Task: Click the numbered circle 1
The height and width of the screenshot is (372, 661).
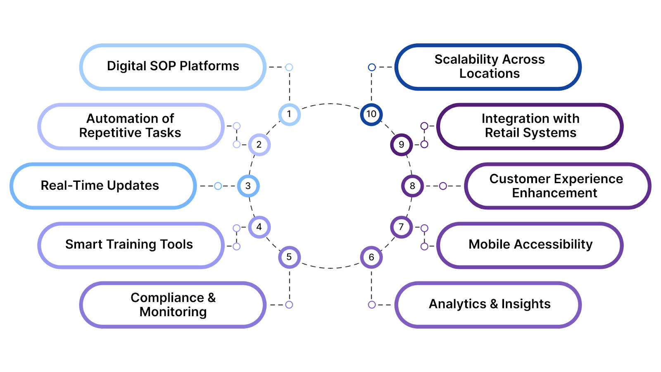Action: coord(289,114)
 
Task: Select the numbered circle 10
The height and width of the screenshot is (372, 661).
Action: coord(371,114)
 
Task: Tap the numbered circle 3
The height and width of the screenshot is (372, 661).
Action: coord(248,186)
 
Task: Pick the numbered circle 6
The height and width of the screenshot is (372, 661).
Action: coord(371,257)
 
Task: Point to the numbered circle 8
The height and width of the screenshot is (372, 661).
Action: coord(412,186)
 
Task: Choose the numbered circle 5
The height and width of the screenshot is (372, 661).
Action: coord(289,257)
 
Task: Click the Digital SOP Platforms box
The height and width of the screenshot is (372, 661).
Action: coord(173,67)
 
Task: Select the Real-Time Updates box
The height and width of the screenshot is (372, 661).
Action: coord(103,186)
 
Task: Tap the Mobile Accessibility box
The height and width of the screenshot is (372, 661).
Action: coord(530,245)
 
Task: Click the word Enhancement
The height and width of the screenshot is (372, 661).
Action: coord(554,193)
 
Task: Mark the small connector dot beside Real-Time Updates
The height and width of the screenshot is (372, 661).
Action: coord(218,186)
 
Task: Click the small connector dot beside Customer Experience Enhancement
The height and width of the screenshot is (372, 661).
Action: coord(443,186)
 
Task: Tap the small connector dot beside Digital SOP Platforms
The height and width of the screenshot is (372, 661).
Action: coord(289,67)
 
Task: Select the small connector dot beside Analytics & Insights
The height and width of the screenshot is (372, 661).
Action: coord(372,305)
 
